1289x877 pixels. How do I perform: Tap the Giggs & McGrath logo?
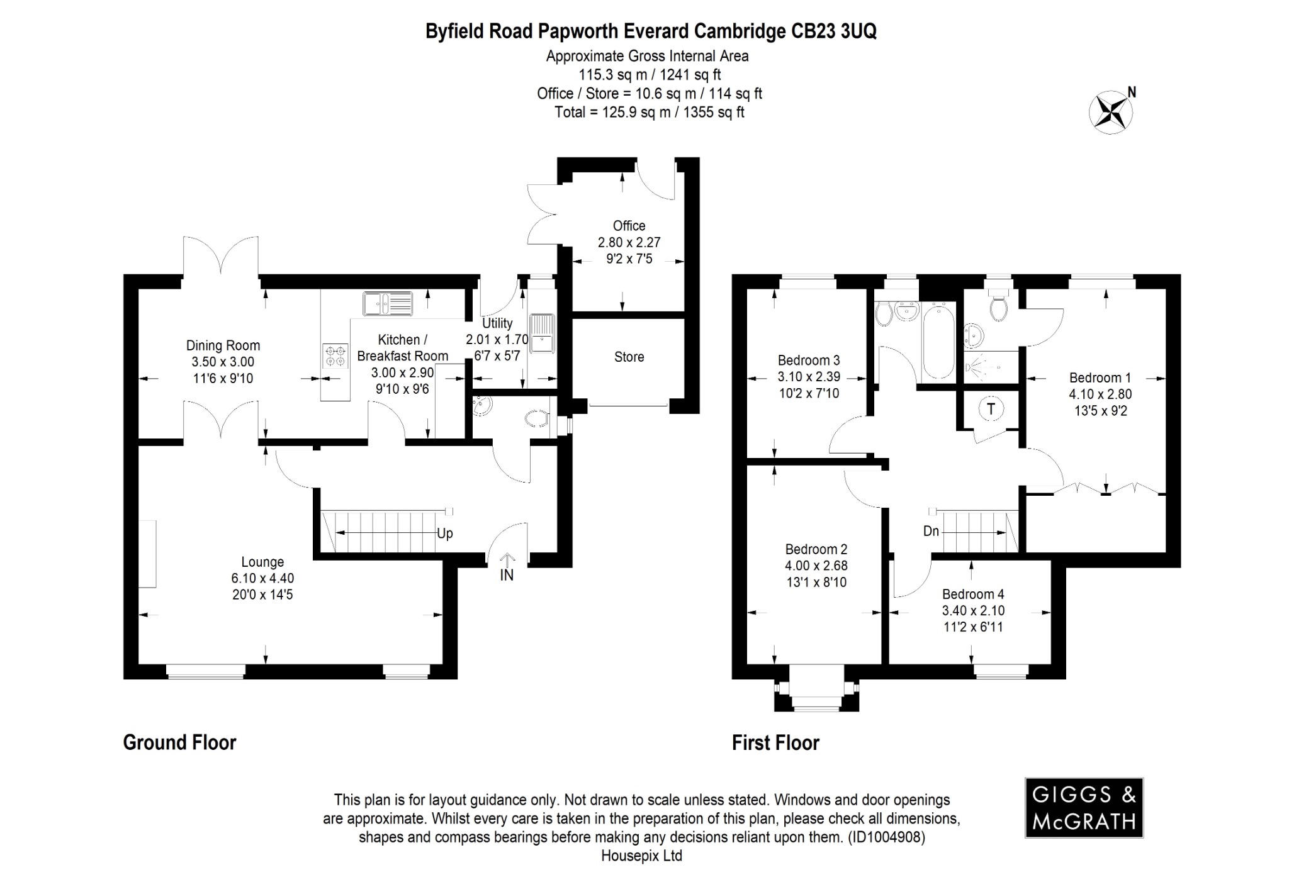(x=1084, y=808)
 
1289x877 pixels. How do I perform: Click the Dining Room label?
(x=223, y=345)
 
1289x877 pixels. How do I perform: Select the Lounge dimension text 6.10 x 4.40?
(x=262, y=578)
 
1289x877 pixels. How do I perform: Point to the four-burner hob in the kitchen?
(x=335, y=356)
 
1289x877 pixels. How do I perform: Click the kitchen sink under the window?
(x=388, y=303)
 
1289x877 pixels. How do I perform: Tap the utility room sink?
(x=542, y=333)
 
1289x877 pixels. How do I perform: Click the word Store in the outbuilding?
(x=629, y=357)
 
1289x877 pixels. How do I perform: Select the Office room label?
(x=629, y=226)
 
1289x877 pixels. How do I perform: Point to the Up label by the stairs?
(x=444, y=533)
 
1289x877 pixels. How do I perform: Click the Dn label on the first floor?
(x=931, y=531)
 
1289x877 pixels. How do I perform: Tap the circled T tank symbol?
(x=991, y=409)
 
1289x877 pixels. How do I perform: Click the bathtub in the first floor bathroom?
(x=938, y=340)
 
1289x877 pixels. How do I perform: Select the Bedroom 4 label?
(x=972, y=594)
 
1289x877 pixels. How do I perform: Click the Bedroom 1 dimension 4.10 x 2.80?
(x=1100, y=394)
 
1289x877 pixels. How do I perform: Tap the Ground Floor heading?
(x=179, y=742)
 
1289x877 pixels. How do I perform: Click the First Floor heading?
(x=775, y=743)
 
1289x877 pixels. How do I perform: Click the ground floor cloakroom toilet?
(x=538, y=418)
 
